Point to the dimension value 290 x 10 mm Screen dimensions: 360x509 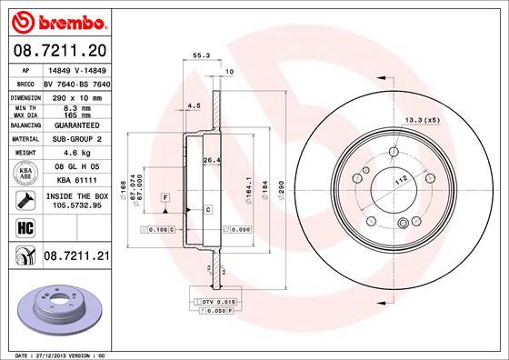74,96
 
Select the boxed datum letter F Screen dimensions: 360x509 165,197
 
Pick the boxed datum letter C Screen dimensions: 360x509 208,210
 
